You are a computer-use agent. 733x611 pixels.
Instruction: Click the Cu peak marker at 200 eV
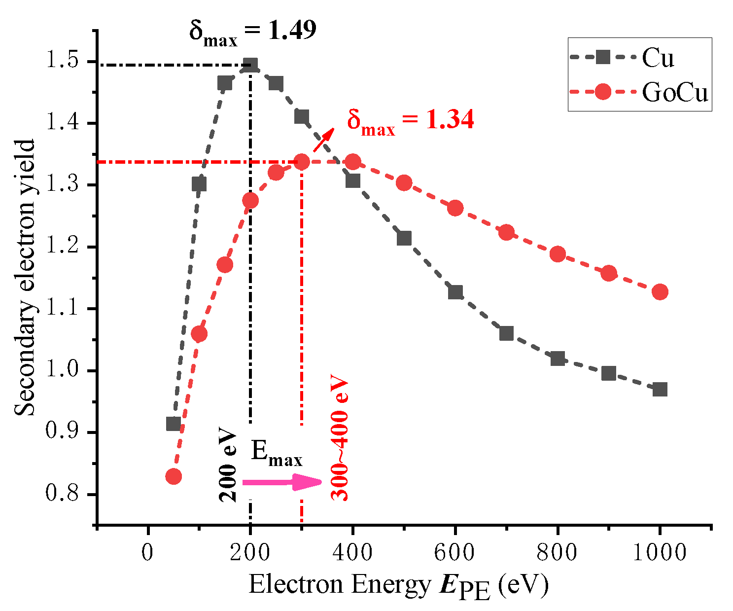tap(250, 65)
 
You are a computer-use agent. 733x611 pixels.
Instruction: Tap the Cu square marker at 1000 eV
tap(660, 389)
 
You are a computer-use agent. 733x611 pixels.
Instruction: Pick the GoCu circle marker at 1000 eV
tap(660, 291)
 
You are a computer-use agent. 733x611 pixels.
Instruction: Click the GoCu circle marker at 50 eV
tap(174, 476)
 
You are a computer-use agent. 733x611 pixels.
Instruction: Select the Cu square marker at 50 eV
tap(174, 424)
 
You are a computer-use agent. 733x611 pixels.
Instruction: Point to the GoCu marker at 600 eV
tap(455, 208)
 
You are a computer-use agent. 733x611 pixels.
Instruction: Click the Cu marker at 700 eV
tap(506, 333)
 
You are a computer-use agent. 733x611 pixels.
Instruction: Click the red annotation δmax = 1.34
tap(410, 121)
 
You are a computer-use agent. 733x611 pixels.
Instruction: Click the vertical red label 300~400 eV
tap(340, 439)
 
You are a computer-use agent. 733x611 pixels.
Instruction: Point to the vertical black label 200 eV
tap(228, 467)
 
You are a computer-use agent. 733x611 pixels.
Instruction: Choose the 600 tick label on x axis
tap(455, 552)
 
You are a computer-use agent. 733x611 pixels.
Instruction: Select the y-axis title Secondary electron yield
tap(25, 278)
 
